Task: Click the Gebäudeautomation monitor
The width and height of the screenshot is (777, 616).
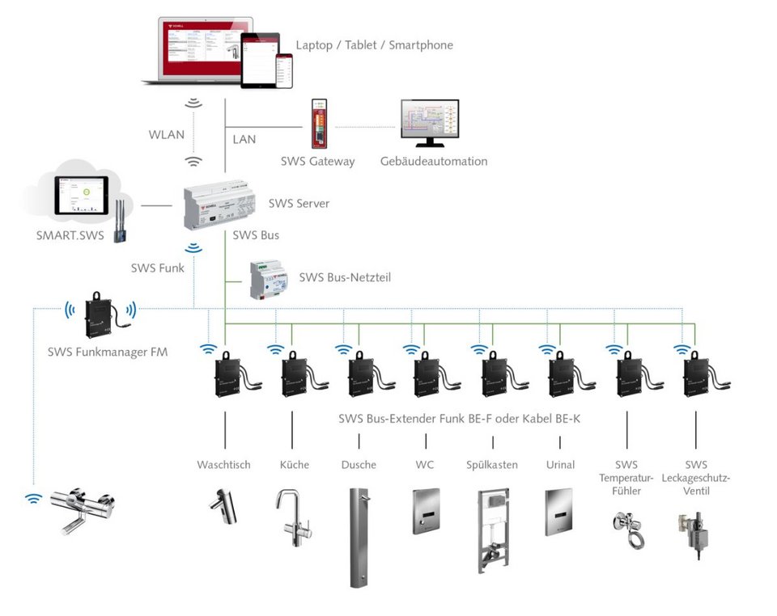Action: pyautogui.click(x=430, y=123)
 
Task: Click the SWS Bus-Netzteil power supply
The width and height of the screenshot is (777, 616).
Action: pyautogui.click(x=269, y=280)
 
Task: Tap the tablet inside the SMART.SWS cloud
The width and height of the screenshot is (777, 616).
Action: pyautogui.click(x=81, y=196)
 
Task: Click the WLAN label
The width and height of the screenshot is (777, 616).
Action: pyautogui.click(x=166, y=135)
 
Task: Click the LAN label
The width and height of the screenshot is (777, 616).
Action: pyautogui.click(x=244, y=139)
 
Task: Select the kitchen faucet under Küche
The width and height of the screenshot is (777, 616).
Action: pyautogui.click(x=292, y=517)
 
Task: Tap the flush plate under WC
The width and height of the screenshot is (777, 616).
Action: pyautogui.click(x=426, y=510)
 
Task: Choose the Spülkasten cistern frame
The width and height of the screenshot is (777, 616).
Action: pyautogui.click(x=493, y=530)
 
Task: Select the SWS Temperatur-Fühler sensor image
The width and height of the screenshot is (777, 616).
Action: pyautogui.click(x=627, y=530)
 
